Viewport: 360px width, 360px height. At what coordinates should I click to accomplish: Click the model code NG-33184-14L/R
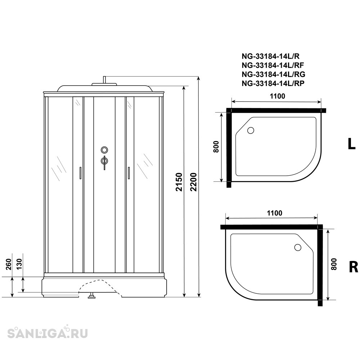(x=270, y=56)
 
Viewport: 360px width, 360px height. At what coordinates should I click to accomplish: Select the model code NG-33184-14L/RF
(x=273, y=66)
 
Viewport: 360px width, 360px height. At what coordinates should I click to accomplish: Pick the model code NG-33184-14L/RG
(x=274, y=75)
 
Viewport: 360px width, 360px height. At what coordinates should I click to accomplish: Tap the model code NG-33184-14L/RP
(x=273, y=84)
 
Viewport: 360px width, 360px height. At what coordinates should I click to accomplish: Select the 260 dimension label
(x=8, y=264)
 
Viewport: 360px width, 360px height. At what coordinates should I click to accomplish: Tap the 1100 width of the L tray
(x=277, y=96)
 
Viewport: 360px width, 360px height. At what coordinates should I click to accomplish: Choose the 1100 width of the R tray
(x=274, y=213)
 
